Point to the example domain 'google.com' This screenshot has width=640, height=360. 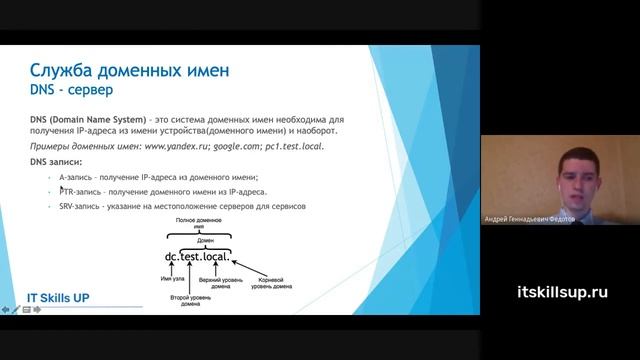[x=238, y=146]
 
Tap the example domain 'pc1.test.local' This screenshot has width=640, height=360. [x=295, y=146]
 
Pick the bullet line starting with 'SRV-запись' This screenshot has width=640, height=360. [x=181, y=206]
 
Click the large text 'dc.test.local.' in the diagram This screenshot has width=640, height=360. [x=204, y=257]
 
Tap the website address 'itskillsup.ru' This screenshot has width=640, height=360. [x=563, y=292]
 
